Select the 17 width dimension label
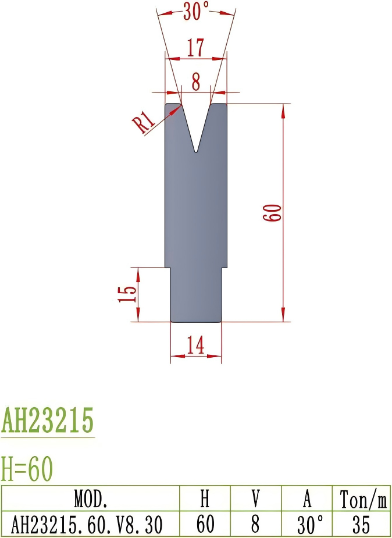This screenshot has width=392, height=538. coord(195,48)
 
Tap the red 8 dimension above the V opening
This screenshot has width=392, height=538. coord(196,82)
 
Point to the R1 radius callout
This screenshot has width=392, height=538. coord(143,123)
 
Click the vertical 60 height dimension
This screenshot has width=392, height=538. coord(273,212)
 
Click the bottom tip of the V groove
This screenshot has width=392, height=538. coord(196,152)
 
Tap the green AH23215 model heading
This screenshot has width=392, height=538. coord(48,421)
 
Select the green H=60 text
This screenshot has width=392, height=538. coord(27,468)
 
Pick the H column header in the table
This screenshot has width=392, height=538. coord(205,499)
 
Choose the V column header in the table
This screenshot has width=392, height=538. coord(255,499)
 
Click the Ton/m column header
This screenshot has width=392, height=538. coord(361,499)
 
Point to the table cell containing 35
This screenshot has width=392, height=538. coord(361,525)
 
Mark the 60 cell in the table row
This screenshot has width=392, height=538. coord(205,525)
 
